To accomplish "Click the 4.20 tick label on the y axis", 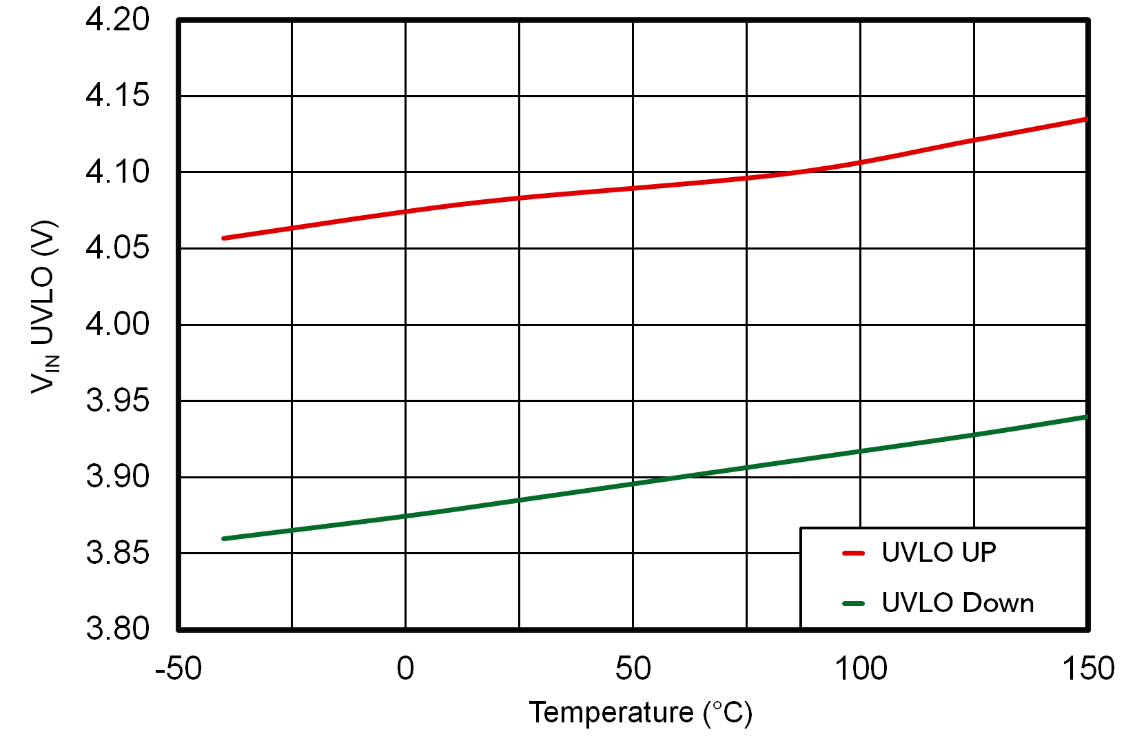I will point(117,20).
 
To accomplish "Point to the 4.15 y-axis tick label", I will point(117,96).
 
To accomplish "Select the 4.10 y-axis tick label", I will point(117,172).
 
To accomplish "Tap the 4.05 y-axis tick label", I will point(117,248).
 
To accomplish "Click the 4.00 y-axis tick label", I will point(117,324).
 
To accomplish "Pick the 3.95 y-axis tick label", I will point(117,400).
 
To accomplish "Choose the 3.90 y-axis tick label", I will point(117,476).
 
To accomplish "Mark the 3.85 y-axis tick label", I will point(117,553).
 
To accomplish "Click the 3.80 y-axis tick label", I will point(117,629).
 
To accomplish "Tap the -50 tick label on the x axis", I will point(178,669).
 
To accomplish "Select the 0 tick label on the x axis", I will point(405,669).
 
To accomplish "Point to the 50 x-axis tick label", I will point(633,669).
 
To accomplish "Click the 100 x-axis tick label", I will point(860,669).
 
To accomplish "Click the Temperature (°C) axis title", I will point(640,713).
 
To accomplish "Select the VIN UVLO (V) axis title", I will point(44,307).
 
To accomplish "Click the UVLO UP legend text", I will point(939,553).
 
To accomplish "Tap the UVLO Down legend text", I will point(957,603).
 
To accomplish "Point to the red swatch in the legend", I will point(853,553).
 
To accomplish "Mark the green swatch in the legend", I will point(853,604).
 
